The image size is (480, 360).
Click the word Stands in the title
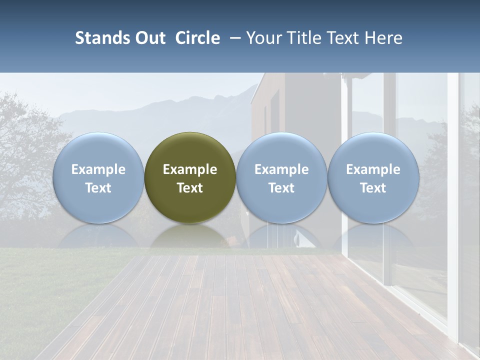[x=101, y=38]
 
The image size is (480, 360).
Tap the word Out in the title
[x=149, y=38]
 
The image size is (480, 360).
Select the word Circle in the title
[x=197, y=38]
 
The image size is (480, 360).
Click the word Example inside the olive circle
[x=190, y=169]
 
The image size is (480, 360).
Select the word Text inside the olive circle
[x=190, y=188]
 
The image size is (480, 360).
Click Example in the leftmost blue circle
[x=98, y=169]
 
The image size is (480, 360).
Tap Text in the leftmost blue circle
[x=98, y=188]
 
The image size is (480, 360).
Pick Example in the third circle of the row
[x=281, y=169]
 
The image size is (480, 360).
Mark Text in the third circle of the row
[x=281, y=188]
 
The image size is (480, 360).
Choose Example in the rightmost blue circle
[x=373, y=169]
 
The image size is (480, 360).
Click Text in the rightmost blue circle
[x=373, y=188]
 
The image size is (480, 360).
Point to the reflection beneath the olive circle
[x=190, y=236]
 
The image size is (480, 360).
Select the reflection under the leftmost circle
[x=98, y=236]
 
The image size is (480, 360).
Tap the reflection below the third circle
[x=281, y=236]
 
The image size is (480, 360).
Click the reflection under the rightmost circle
[x=373, y=236]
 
